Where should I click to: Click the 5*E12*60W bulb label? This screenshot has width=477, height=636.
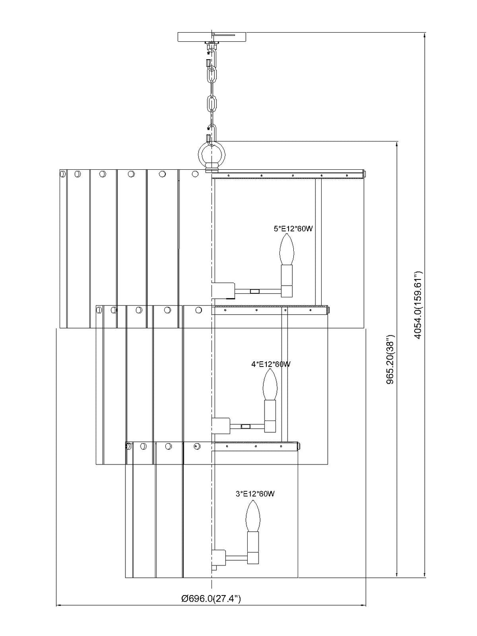click(293, 228)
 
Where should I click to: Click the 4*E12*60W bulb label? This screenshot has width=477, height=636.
click(271, 364)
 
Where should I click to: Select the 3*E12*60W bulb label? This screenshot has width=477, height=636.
click(255, 494)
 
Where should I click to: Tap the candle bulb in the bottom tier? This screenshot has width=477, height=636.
click(253, 516)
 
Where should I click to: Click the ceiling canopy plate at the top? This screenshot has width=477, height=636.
click(212, 37)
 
